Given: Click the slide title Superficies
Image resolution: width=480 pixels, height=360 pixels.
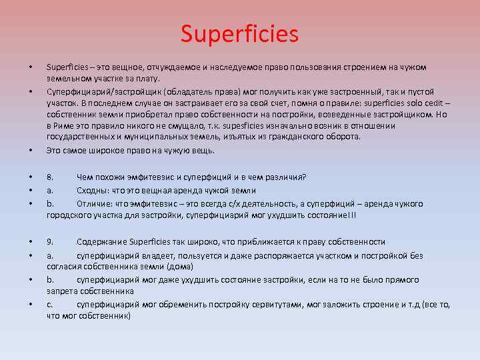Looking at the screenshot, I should point(240,34).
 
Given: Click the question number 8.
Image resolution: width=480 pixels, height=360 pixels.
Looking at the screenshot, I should point(49,177).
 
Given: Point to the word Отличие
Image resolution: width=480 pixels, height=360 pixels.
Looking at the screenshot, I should point(94,203).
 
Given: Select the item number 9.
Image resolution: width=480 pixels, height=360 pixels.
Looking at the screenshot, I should point(49,242).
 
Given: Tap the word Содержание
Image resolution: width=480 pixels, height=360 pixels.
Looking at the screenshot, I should point(101,242).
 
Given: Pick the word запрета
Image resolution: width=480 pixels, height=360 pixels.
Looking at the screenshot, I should point(61,291).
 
